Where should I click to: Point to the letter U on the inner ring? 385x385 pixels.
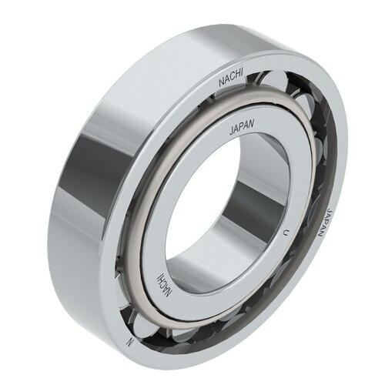pyautogui.click(x=286, y=232)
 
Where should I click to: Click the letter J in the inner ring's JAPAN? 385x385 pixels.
pyautogui.click(x=233, y=132)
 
